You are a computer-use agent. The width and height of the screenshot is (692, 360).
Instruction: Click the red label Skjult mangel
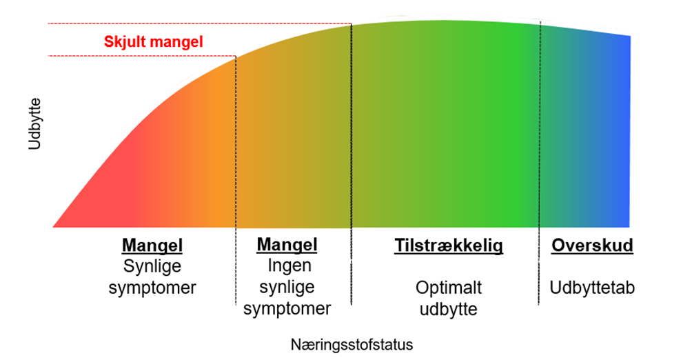[x=154, y=41]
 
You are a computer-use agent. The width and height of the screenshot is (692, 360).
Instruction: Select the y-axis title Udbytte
[x=35, y=124]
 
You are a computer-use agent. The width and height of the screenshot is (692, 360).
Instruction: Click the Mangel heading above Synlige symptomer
[x=152, y=246]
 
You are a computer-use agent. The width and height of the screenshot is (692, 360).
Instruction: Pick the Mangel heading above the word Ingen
[x=287, y=245]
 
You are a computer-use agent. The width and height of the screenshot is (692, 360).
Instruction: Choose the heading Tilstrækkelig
[x=449, y=246]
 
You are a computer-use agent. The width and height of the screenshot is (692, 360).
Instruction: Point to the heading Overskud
[x=592, y=246]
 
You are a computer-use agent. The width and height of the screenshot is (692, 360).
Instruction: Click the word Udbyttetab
[x=592, y=287]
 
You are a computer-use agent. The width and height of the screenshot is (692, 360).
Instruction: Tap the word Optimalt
[x=449, y=287]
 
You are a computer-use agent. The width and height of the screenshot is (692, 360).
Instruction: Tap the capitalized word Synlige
[x=152, y=266]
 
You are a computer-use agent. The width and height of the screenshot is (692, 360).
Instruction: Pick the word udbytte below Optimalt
[x=449, y=308]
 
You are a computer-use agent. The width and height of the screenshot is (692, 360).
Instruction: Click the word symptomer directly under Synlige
[x=152, y=287]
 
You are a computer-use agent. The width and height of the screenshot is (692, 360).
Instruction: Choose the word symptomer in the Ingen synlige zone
[x=287, y=308]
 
